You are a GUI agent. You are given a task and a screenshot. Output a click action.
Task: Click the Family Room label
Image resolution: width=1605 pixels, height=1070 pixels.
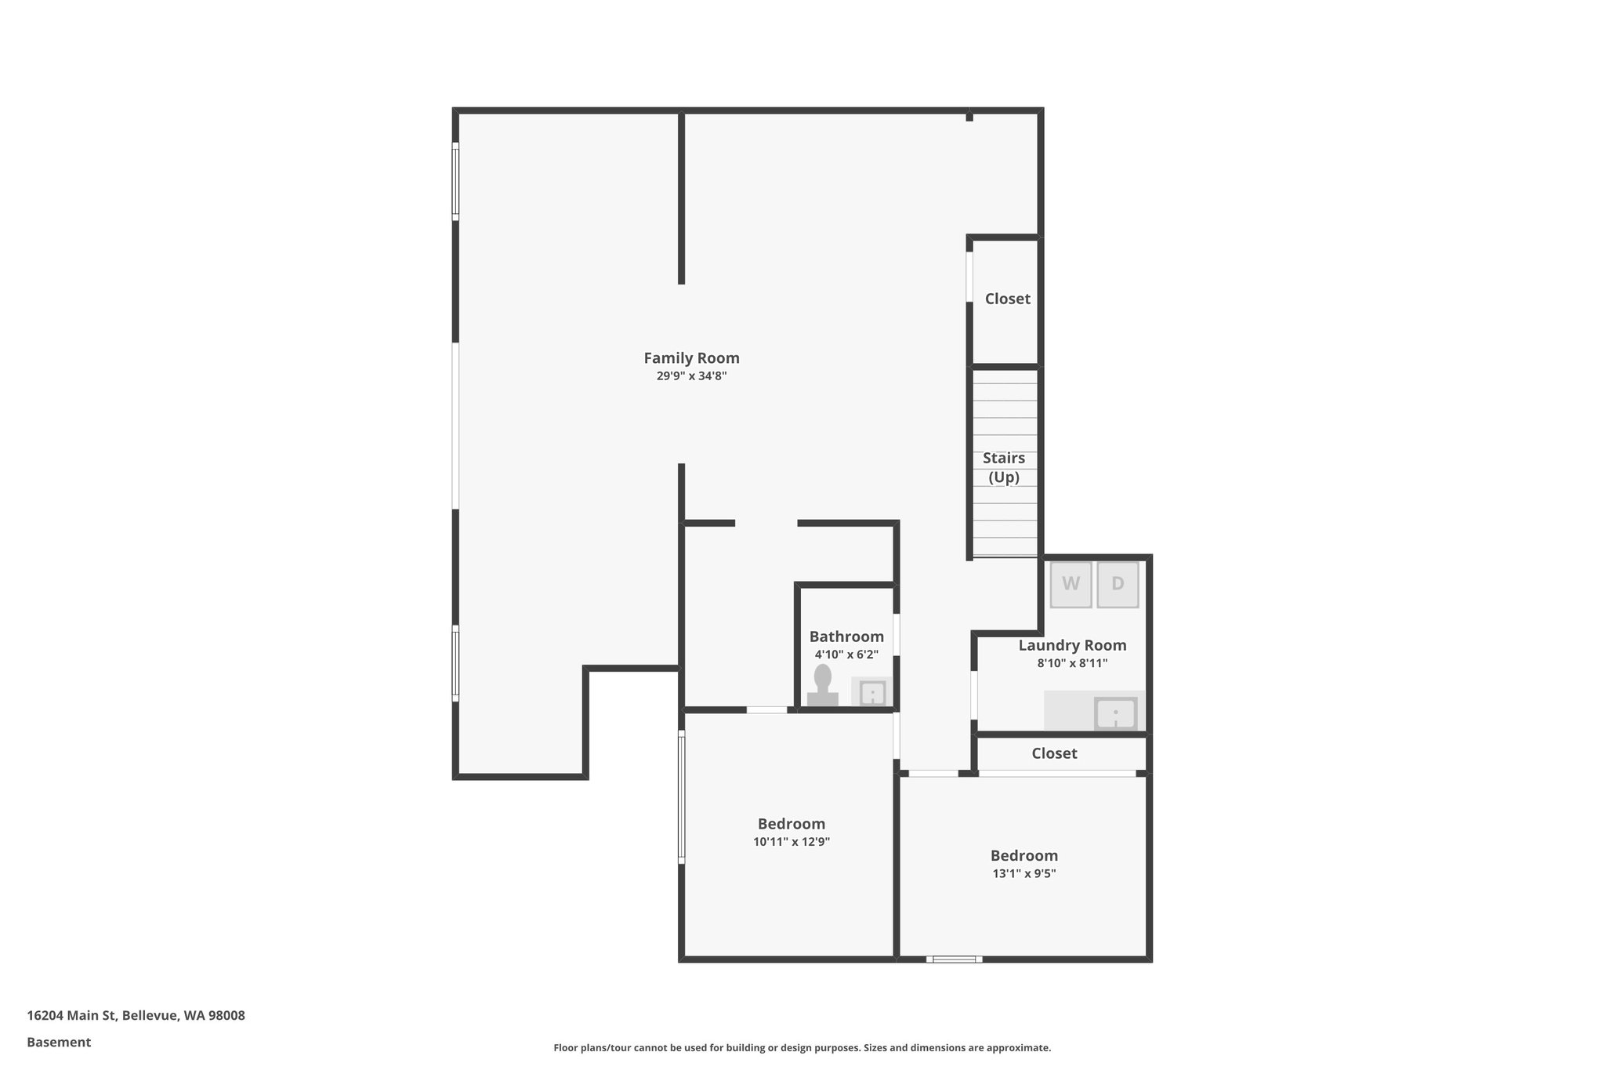pos(691,358)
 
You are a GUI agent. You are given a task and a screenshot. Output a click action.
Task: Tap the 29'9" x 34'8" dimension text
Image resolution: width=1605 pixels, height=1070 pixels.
pos(691,376)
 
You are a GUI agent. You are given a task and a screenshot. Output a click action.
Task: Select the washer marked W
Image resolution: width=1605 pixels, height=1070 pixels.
pos(1071,584)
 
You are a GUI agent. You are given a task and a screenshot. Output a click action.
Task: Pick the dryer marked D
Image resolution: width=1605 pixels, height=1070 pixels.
pos(1118,584)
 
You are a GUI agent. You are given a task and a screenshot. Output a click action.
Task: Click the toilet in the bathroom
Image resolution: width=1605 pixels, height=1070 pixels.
pos(822,687)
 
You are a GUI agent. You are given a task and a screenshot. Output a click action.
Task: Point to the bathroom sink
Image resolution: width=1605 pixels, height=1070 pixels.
pos(872,693)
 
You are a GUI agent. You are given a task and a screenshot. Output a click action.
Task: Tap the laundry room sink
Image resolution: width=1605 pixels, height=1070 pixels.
pos(1115,713)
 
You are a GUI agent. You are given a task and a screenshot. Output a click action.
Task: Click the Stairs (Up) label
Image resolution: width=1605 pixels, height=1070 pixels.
pos(1004,467)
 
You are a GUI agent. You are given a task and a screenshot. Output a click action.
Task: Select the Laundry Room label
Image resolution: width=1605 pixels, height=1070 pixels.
pos(1072,645)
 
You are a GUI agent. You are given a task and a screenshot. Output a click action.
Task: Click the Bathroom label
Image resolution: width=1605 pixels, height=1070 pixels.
pos(846,637)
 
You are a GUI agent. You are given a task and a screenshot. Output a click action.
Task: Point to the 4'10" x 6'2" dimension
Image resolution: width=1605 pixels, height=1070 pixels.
pos(846,655)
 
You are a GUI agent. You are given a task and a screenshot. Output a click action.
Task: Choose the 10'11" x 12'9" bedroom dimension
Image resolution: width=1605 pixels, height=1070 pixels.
pos(792,842)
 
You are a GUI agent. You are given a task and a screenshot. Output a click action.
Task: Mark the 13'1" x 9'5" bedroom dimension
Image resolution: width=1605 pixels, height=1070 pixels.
pos(1024,874)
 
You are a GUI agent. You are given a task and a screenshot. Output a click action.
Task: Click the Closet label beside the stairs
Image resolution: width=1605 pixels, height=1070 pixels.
pos(1007,299)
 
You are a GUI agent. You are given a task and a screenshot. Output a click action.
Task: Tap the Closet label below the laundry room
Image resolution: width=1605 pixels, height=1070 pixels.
pos(1054,753)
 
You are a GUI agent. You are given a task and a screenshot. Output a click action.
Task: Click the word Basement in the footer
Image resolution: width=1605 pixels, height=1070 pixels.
pos(59,1043)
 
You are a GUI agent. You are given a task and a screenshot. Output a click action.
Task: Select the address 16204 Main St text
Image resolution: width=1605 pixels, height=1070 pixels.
pos(136,1016)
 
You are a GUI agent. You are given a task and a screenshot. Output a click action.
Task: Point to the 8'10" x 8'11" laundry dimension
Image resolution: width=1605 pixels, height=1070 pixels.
pos(1072,663)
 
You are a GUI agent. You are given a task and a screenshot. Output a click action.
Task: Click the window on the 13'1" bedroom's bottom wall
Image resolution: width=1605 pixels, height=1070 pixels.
pos(954,959)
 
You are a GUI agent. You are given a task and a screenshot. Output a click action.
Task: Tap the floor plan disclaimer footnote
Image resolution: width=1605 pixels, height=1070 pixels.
pos(802,1048)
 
